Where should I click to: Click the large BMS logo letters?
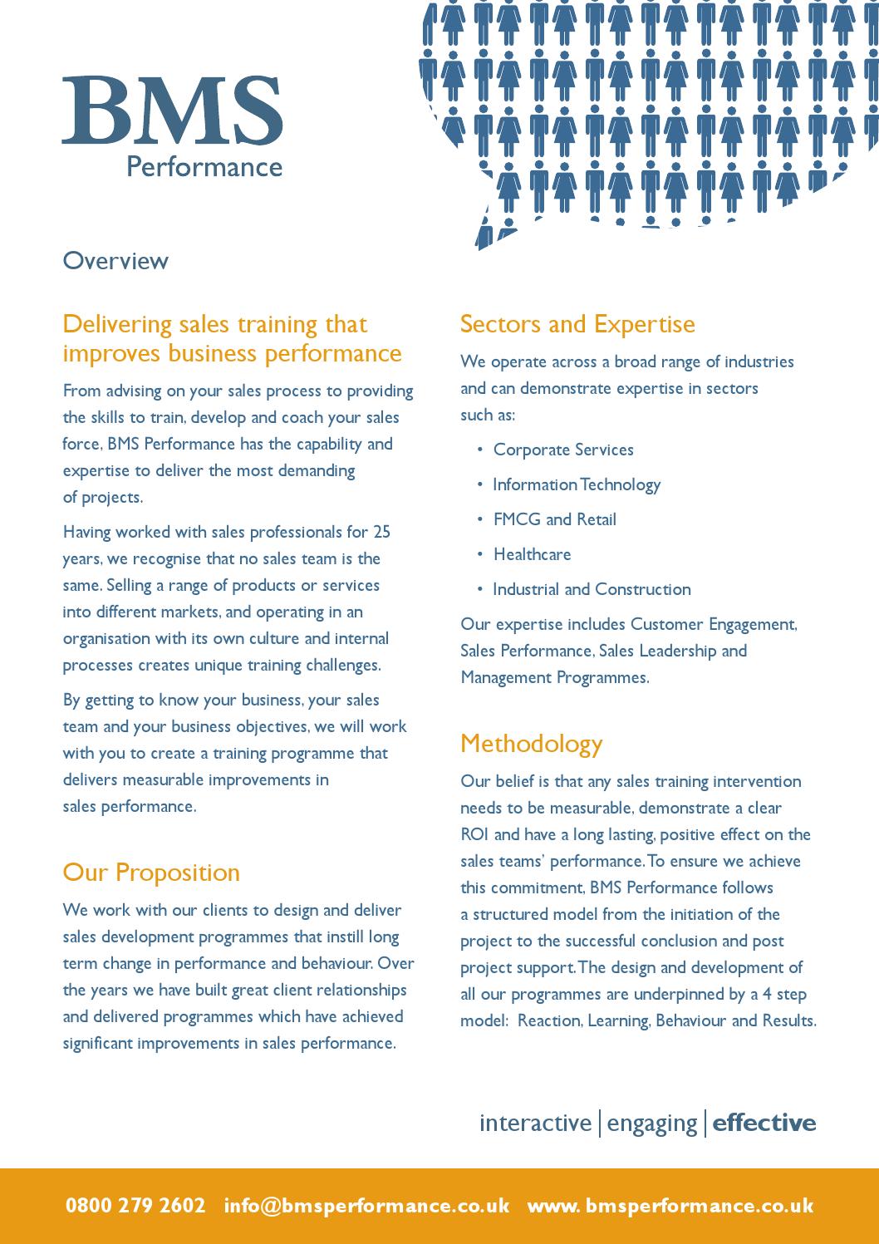click(172, 111)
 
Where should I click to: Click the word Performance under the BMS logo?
click(204, 166)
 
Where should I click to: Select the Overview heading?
click(115, 261)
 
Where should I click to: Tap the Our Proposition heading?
click(151, 873)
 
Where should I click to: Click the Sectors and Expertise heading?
click(577, 323)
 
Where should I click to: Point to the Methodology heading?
click(531, 743)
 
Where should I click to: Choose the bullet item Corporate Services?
click(563, 450)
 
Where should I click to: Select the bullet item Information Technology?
click(577, 484)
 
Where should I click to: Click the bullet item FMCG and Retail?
click(555, 519)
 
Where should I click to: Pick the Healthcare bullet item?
click(532, 554)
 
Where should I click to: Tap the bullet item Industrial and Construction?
click(592, 589)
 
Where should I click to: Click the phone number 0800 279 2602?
click(135, 1206)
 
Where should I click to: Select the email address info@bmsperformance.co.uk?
click(366, 1206)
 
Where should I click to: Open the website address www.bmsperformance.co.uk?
click(670, 1206)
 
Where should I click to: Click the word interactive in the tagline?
click(535, 1123)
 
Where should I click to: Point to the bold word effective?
click(764, 1123)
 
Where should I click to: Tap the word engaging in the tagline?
click(652, 1124)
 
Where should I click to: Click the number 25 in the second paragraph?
click(381, 532)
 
